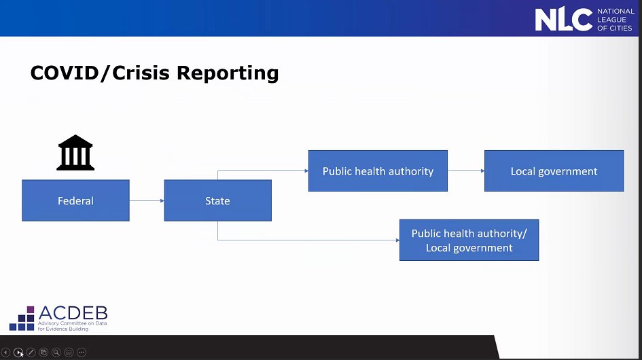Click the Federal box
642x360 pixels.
pos(75,200)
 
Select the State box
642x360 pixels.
pos(217,200)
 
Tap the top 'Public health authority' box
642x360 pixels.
pos(378,171)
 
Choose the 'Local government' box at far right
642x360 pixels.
pos(554,171)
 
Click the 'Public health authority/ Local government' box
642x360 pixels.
pos(469,240)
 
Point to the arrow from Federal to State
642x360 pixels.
pos(147,200)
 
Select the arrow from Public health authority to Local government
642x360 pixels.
pos(465,171)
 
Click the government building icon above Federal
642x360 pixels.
pos(75,152)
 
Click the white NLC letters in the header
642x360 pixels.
pos(563,20)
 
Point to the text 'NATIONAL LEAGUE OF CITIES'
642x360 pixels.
pos(615,20)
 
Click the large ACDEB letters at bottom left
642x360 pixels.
pos(73,313)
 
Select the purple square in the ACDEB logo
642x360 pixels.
pos(30,310)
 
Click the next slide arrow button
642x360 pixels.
pos(18,353)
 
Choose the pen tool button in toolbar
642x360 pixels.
pos(31,353)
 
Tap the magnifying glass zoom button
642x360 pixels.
pos(56,353)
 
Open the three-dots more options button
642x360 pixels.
pos(82,353)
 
